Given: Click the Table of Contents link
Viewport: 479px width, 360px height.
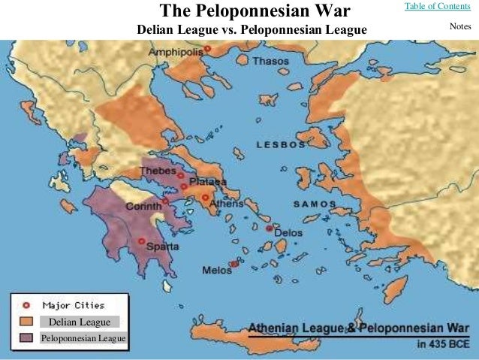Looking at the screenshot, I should coord(437,7).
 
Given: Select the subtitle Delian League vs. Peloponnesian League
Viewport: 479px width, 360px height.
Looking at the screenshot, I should coord(252,32).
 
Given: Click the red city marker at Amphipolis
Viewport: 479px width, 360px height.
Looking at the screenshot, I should coord(207,49).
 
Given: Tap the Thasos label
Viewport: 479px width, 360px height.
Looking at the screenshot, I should coord(270,61).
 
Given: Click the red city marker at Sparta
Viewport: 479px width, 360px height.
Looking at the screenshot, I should coord(141,241).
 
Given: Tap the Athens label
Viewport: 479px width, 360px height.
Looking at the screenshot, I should coord(226,203).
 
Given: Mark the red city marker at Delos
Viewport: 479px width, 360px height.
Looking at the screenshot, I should coord(270,228).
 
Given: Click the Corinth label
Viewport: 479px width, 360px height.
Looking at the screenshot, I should coord(143,206).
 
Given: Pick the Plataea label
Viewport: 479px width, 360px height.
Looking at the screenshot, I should coord(208,182).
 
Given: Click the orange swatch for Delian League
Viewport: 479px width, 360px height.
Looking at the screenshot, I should coord(26,322).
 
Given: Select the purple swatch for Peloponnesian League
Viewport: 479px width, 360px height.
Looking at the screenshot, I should coord(26,338).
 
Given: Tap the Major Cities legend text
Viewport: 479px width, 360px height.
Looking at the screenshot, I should coord(74,305).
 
